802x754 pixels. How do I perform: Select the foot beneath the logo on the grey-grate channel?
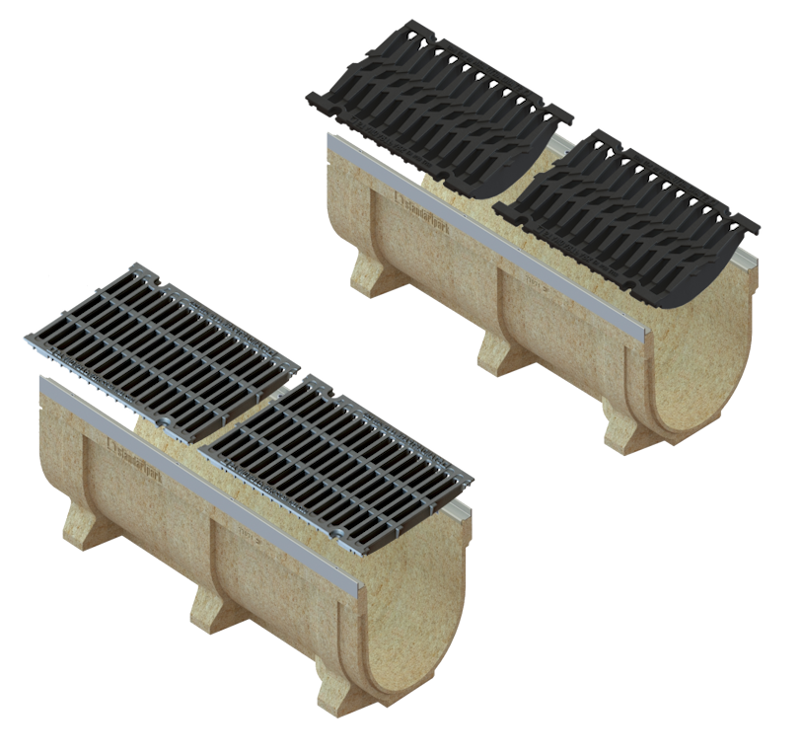[x=83, y=519]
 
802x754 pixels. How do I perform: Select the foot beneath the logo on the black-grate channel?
[x=367, y=272]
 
